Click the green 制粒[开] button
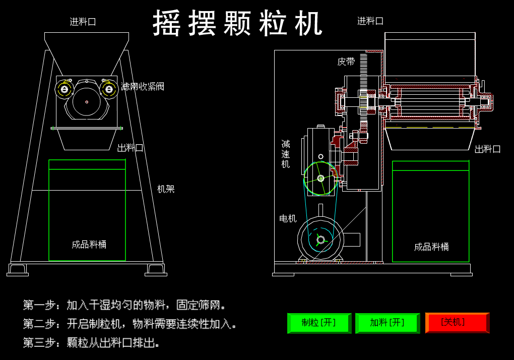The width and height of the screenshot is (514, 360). coord(319,323)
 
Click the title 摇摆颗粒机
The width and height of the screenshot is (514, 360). coord(237,23)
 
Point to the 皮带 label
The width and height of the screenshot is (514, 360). coord(346,62)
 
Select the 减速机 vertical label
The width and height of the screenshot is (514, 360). coord(286,154)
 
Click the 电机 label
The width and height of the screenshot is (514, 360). coord(288,218)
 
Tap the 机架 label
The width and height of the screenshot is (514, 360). coord(166,189)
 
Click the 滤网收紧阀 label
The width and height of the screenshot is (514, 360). coord(143,86)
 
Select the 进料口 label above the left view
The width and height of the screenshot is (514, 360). coord(83,22)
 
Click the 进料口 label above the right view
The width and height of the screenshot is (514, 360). coord(370,21)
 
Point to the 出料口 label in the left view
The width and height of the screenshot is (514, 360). coord(131,148)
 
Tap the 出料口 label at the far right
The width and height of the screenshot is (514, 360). coord(488,149)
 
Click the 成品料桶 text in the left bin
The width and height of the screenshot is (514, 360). coord(89,245)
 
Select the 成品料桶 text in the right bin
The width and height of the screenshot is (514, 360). coord(431,247)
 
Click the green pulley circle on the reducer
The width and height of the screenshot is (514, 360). coord(320,178)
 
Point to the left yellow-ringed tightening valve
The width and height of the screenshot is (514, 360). coord(65,89)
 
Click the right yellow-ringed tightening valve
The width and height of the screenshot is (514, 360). coord(109,89)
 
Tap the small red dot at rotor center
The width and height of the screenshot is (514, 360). coord(87,102)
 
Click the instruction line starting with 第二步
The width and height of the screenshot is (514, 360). coord(130,324)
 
